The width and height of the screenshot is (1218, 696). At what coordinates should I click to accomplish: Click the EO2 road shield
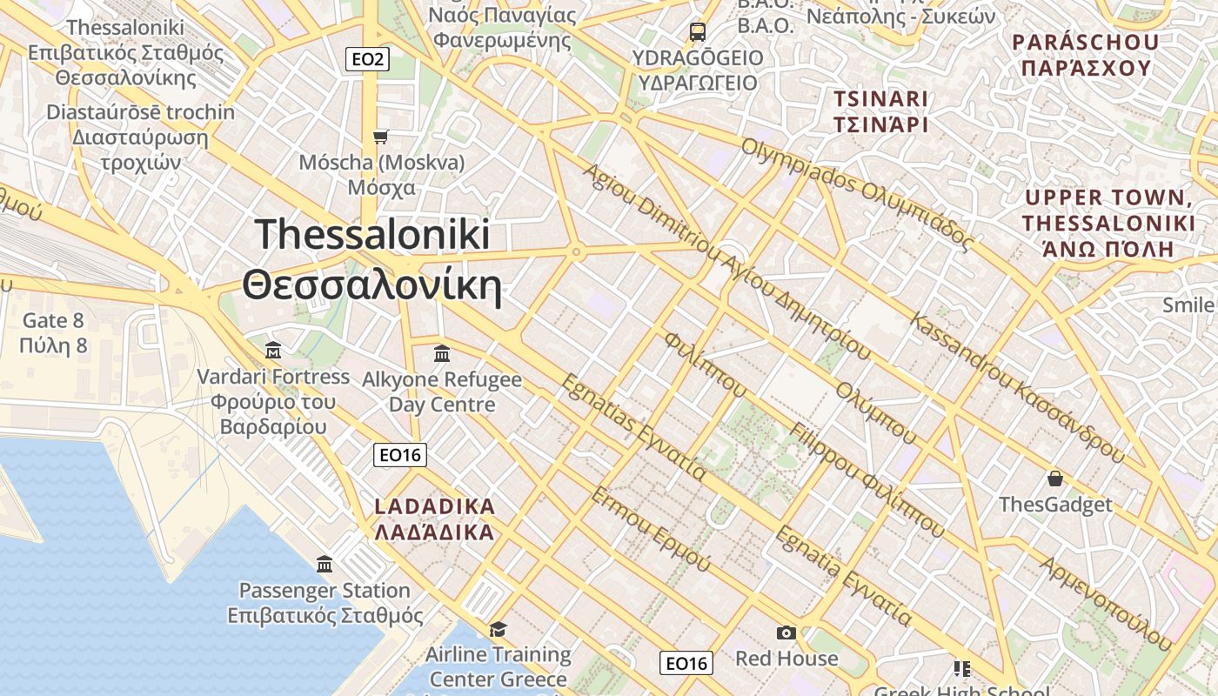[367, 59]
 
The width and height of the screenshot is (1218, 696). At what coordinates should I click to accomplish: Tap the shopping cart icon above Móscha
[380, 137]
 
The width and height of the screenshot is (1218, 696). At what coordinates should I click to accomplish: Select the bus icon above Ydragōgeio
[697, 32]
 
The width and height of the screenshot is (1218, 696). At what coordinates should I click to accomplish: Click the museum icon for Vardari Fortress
[273, 351]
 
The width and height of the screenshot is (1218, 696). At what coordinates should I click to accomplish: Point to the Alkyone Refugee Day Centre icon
[441, 353]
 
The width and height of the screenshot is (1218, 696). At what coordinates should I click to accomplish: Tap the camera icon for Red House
[786, 632]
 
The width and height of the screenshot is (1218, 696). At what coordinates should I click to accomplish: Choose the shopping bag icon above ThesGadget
[1055, 478]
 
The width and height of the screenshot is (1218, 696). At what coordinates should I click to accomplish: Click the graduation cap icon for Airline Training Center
[498, 629]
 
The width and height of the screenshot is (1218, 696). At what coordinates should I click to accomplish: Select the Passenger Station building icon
[325, 565]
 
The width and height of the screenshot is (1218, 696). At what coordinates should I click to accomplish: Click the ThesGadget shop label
[1054, 505]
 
